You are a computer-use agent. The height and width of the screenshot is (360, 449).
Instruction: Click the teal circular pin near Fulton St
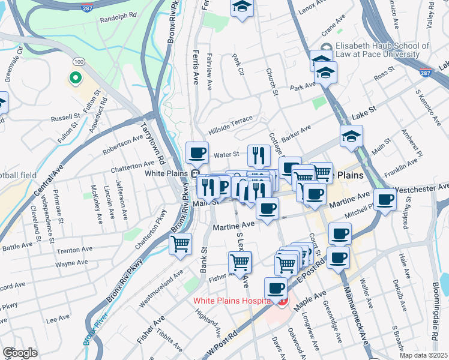click(76, 78)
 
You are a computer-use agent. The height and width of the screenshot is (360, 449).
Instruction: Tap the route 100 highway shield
click(78, 62)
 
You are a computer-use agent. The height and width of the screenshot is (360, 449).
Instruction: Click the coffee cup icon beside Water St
click(197, 152)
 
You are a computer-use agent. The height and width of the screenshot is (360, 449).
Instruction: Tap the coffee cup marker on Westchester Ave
click(385, 199)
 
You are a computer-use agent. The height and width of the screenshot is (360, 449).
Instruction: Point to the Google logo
click(20, 353)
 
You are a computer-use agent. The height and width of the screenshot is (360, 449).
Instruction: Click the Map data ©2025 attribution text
click(424, 355)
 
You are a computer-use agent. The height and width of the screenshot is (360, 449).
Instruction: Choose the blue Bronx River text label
click(94, 327)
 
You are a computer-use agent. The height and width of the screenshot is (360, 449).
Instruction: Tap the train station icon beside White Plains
click(196, 173)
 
